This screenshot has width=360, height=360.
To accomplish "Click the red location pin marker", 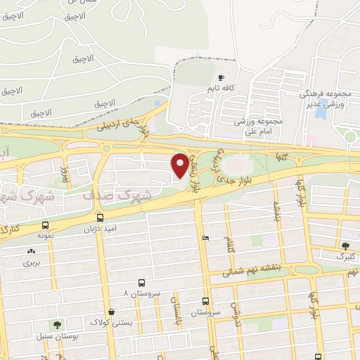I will coord(180,165).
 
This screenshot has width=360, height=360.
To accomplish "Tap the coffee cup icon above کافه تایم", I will coord(221,78).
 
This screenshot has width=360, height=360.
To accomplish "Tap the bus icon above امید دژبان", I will coord(101,217).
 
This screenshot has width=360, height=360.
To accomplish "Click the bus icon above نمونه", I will coord(46,226).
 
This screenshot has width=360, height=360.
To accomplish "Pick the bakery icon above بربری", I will coord(31,252).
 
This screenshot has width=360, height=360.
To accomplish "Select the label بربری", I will coord(32,262).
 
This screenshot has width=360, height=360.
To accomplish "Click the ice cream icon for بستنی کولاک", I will coord(111,311).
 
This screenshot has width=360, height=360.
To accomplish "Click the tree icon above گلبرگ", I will coord(345,245).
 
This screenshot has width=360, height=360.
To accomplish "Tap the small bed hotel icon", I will coord(205,238).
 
